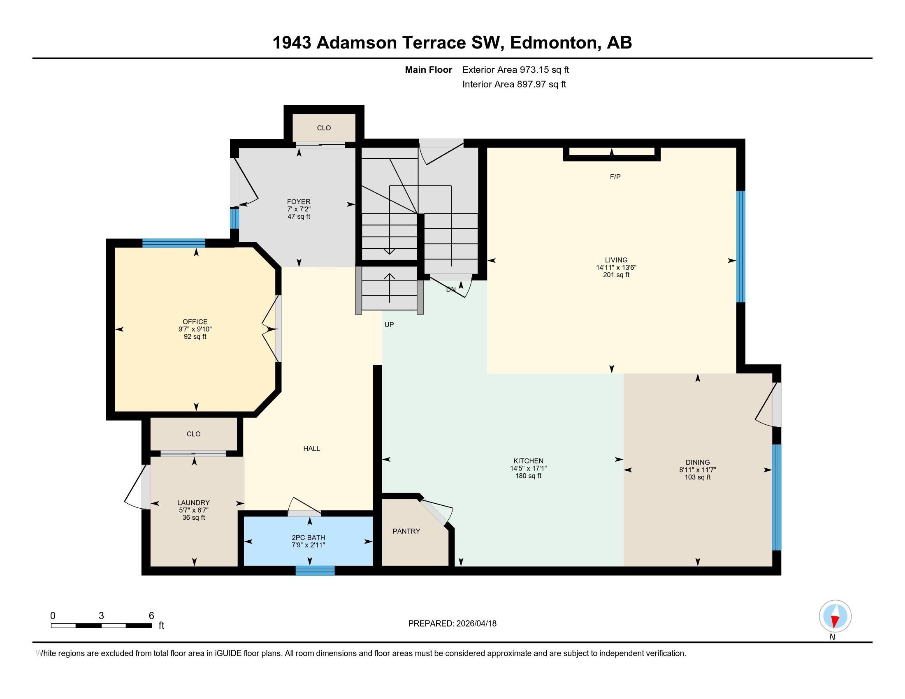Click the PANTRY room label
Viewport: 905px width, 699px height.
(x=406, y=531)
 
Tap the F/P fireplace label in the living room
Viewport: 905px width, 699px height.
(x=615, y=177)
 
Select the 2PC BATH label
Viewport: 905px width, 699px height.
(x=308, y=538)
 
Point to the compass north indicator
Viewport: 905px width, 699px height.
(x=835, y=616)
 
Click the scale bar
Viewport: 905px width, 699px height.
(x=102, y=625)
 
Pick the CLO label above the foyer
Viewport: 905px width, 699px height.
(x=324, y=128)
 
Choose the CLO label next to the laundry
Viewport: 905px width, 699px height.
(x=193, y=434)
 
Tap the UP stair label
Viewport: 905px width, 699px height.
(x=389, y=325)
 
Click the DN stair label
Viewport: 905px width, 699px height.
(x=451, y=289)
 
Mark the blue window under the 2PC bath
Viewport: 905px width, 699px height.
(x=315, y=571)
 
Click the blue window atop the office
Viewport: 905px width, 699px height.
(x=174, y=243)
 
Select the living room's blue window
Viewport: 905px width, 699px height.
(x=741, y=246)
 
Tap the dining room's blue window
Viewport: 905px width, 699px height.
(x=777, y=498)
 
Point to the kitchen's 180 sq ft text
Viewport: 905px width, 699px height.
(x=528, y=476)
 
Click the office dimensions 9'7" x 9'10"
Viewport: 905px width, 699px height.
(x=195, y=329)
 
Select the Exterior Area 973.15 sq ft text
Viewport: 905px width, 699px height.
(x=515, y=70)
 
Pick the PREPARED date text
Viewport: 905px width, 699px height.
(x=452, y=624)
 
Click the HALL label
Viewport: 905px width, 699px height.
(x=312, y=449)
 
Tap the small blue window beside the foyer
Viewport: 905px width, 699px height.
(x=234, y=218)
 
